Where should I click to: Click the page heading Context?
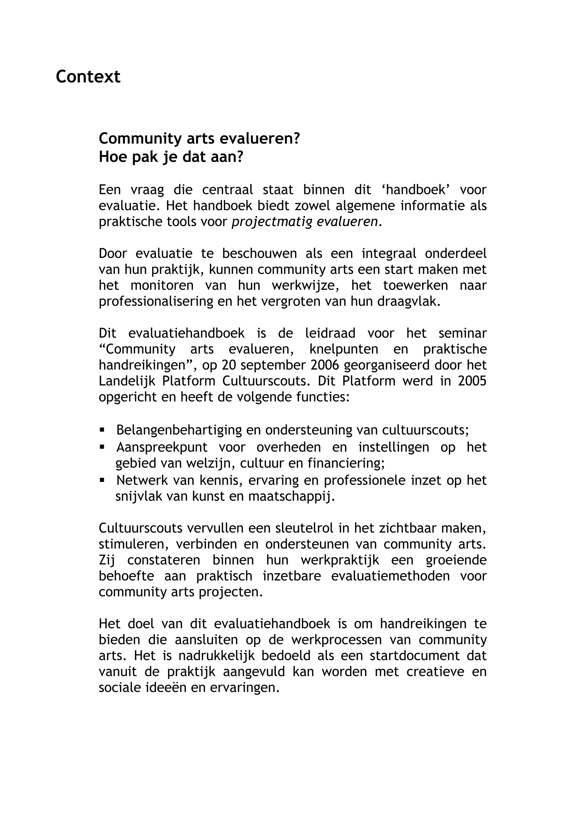[88, 77]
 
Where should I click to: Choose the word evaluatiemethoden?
[390, 576]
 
